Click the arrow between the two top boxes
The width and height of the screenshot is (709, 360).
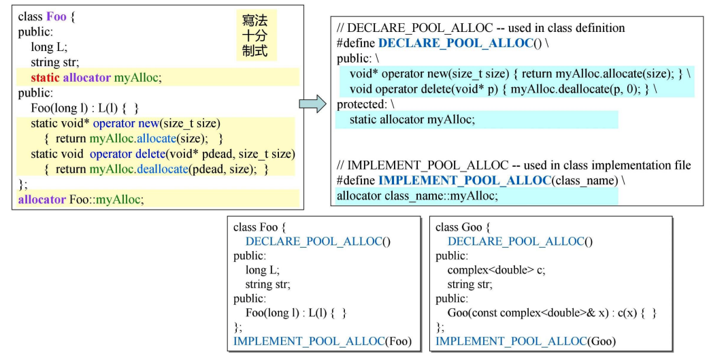click(312, 104)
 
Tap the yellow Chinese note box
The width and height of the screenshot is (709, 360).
click(254, 35)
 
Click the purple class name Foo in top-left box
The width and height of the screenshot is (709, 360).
click(56, 16)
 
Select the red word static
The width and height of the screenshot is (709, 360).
click(45, 78)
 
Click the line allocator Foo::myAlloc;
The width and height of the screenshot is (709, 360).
click(80, 199)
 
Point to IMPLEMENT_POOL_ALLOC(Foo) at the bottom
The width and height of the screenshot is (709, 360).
click(323, 341)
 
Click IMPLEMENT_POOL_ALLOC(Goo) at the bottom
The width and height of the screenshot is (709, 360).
click(525, 341)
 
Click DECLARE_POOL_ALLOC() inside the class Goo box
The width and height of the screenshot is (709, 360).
click(520, 242)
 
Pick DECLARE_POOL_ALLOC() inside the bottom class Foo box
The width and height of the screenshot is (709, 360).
click(318, 242)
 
